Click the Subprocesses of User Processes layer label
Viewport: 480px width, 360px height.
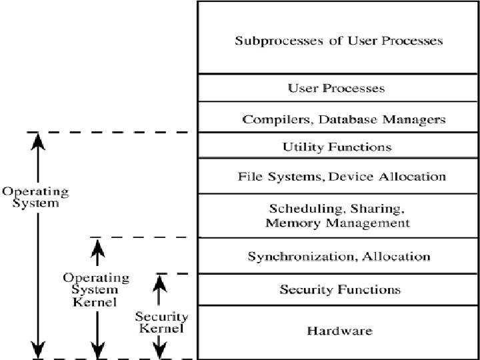[x=339, y=41]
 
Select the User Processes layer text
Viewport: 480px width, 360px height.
[x=337, y=88]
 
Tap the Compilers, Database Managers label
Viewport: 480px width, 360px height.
[x=343, y=120]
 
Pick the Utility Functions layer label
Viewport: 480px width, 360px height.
[x=337, y=147]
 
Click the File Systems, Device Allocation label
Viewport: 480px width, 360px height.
[x=341, y=177]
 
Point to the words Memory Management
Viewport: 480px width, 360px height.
[x=337, y=223]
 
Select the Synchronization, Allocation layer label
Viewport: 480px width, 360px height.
[x=339, y=256]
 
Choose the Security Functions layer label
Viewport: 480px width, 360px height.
[x=340, y=289]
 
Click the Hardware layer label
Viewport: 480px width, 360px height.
[x=339, y=331]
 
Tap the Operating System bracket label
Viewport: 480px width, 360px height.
[x=35, y=197]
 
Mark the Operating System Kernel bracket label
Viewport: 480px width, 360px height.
[x=95, y=289]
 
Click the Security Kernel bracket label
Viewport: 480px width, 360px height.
[x=161, y=322]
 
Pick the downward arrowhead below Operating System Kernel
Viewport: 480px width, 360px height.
[x=98, y=350]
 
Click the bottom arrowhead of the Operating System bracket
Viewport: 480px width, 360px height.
[x=39, y=350]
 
